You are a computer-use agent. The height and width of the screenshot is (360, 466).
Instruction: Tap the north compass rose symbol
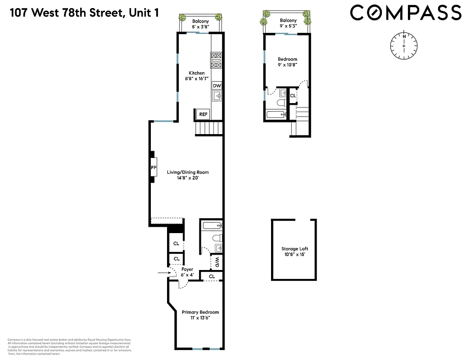tap(404, 46)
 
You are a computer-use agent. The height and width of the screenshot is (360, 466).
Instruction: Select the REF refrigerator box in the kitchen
tap(203, 115)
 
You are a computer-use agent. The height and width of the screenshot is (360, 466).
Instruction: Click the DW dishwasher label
tap(217, 85)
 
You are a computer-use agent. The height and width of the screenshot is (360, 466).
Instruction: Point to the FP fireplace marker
tap(154, 167)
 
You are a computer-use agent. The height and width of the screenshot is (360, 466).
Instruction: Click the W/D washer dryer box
tap(217, 261)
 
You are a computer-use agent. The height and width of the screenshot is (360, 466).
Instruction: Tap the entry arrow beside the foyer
tap(162, 273)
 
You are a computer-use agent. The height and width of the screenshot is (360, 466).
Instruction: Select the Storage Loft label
tap(294, 249)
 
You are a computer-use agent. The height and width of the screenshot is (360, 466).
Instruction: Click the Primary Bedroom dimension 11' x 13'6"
tap(200, 318)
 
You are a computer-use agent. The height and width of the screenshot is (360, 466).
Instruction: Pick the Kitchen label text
tap(196, 73)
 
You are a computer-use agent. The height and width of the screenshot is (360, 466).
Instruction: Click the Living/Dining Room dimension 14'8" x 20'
tap(188, 178)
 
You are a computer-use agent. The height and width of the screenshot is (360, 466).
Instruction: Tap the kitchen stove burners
tap(216, 60)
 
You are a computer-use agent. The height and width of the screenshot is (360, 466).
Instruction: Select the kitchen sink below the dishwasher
tap(217, 96)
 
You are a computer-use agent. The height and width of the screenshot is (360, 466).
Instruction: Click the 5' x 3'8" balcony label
tap(200, 27)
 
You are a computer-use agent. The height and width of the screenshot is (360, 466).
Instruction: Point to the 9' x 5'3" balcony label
tap(288, 27)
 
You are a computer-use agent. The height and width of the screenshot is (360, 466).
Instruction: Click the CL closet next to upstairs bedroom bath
tap(293, 96)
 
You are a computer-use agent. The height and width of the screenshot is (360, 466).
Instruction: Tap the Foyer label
tap(187, 269)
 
